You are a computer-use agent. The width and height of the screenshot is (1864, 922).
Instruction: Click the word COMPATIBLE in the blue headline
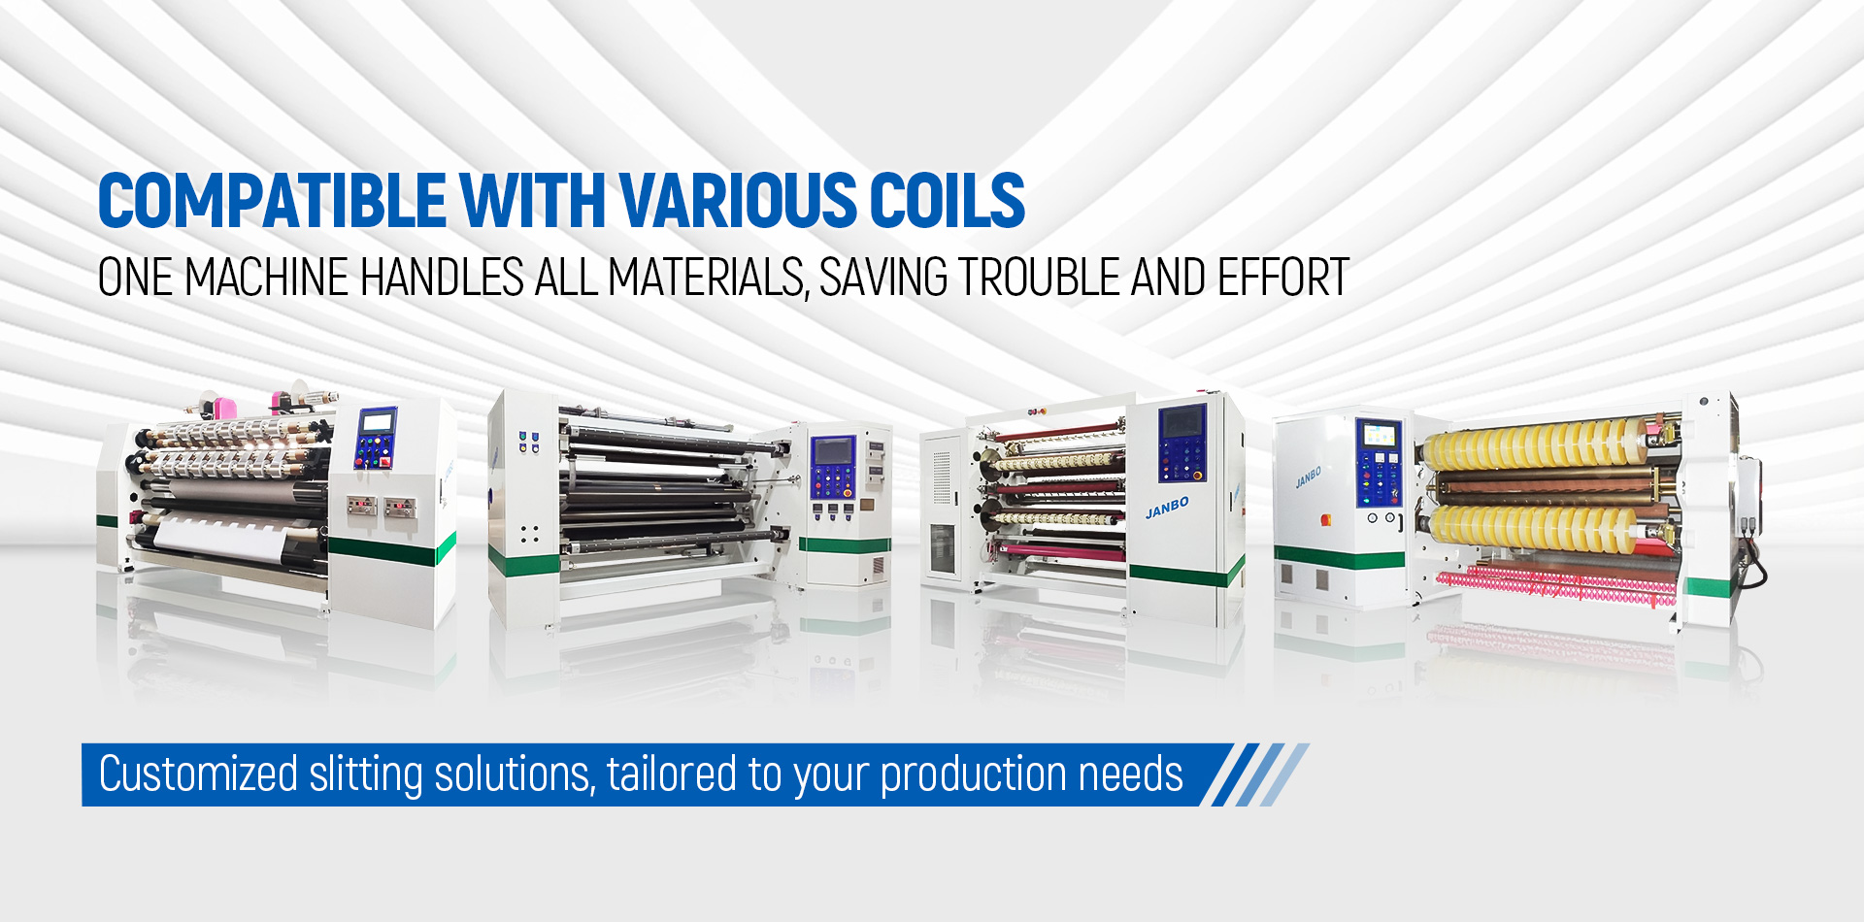click(x=272, y=201)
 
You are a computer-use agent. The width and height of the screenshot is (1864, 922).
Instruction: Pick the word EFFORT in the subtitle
click(x=1282, y=278)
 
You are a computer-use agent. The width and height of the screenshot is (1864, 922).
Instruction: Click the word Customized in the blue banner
click(x=198, y=774)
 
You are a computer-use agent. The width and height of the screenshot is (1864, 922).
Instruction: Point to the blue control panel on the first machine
click(x=377, y=438)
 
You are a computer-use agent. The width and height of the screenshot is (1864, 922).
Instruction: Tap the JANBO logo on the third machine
click(x=1167, y=508)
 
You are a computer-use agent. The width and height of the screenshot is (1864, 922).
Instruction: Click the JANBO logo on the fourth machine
click(x=1308, y=477)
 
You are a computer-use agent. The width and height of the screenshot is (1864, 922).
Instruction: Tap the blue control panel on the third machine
click(x=1182, y=443)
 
